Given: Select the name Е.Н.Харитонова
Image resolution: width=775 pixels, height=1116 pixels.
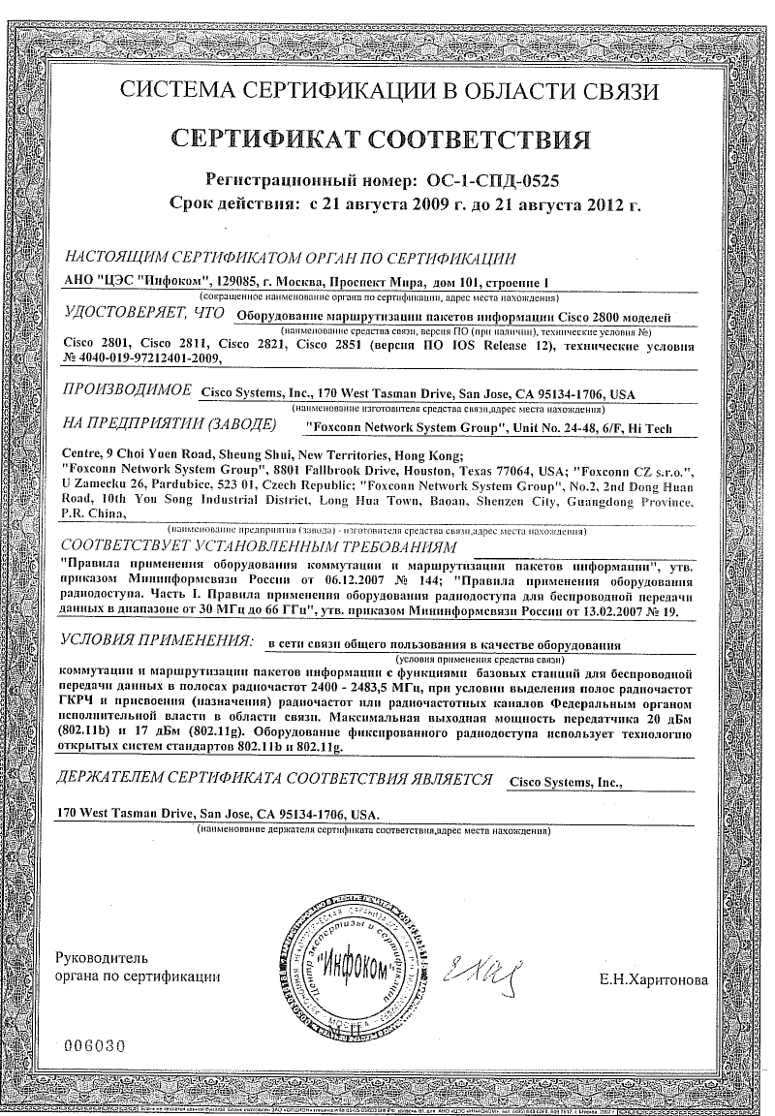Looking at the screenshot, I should (x=654, y=980).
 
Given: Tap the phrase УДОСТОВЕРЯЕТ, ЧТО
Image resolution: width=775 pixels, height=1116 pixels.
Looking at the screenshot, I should (x=141, y=314).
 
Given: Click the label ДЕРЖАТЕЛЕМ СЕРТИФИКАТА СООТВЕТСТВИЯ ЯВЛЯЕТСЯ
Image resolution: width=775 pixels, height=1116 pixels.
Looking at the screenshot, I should (x=274, y=779).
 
